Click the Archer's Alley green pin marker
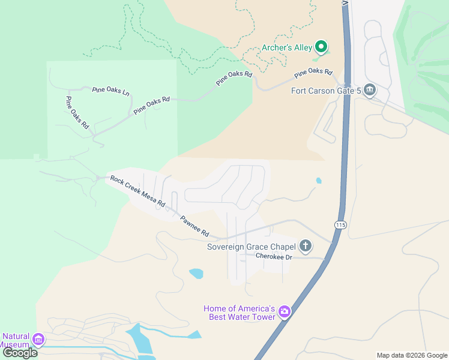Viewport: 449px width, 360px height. pyautogui.click(x=321, y=46)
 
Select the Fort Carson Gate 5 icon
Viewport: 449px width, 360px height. pyautogui.click(x=369, y=90)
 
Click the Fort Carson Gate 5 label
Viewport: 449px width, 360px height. pyautogui.click(x=325, y=91)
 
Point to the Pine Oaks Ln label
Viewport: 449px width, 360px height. pyautogui.click(x=110, y=91)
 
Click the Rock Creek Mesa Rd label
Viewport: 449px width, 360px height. pyautogui.click(x=137, y=191)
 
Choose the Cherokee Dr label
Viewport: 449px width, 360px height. pyautogui.click(x=273, y=257)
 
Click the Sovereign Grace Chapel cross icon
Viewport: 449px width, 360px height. pyautogui.click(x=306, y=245)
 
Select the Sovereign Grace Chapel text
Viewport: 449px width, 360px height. pyautogui.click(x=251, y=247)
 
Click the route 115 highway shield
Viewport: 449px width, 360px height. pyautogui.click(x=340, y=224)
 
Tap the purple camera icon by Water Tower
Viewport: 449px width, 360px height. pyautogui.click(x=284, y=311)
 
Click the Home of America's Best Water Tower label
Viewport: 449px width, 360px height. pyautogui.click(x=239, y=312)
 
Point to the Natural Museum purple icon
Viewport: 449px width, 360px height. pyautogui.click(x=38, y=340)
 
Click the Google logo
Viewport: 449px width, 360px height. pyautogui.click(x=20, y=353)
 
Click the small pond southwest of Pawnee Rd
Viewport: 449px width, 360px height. pyautogui.click(x=196, y=274)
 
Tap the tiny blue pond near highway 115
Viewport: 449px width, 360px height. pyautogui.click(x=318, y=180)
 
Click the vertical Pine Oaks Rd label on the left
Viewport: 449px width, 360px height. pyautogui.click(x=77, y=113)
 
